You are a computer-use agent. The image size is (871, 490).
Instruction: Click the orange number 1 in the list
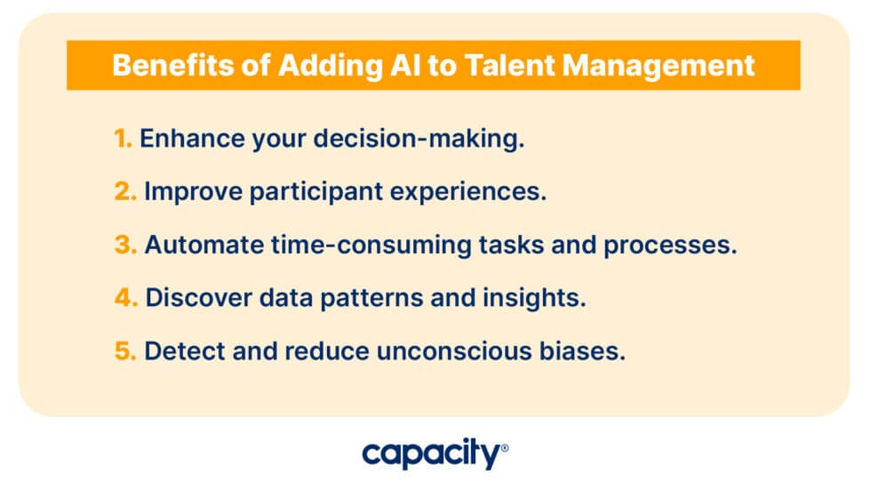122,140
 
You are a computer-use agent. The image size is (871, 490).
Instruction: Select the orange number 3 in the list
124,245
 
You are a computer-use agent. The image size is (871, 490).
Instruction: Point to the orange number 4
125,298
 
